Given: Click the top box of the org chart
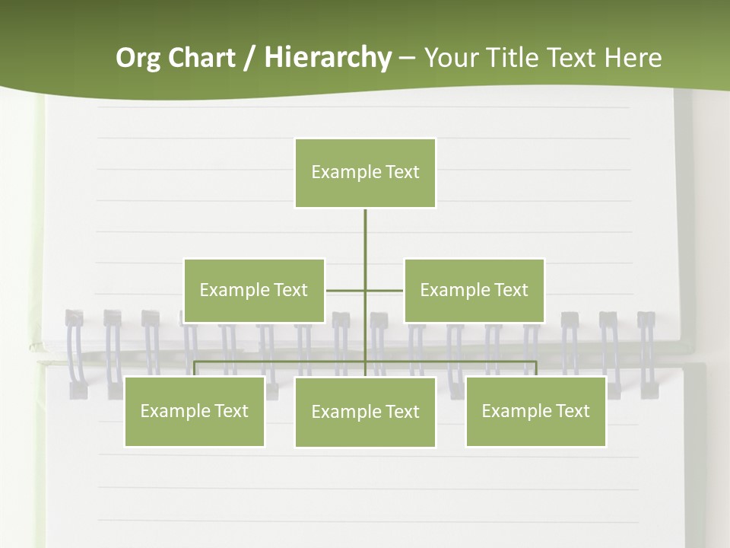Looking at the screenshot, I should (x=365, y=173).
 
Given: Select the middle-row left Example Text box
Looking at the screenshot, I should (x=254, y=290).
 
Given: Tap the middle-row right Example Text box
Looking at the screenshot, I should (x=474, y=290).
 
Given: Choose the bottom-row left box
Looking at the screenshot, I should (x=195, y=411).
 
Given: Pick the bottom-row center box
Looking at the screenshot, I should (x=365, y=412).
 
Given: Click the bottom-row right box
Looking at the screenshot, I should (x=535, y=411).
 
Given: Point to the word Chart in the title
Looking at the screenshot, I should (x=201, y=58).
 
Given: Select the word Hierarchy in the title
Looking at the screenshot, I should (x=328, y=58).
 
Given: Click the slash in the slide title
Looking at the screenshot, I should (x=249, y=59).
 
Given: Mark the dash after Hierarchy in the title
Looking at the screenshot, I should (x=407, y=58).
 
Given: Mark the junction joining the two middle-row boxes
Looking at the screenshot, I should (x=365, y=290).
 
